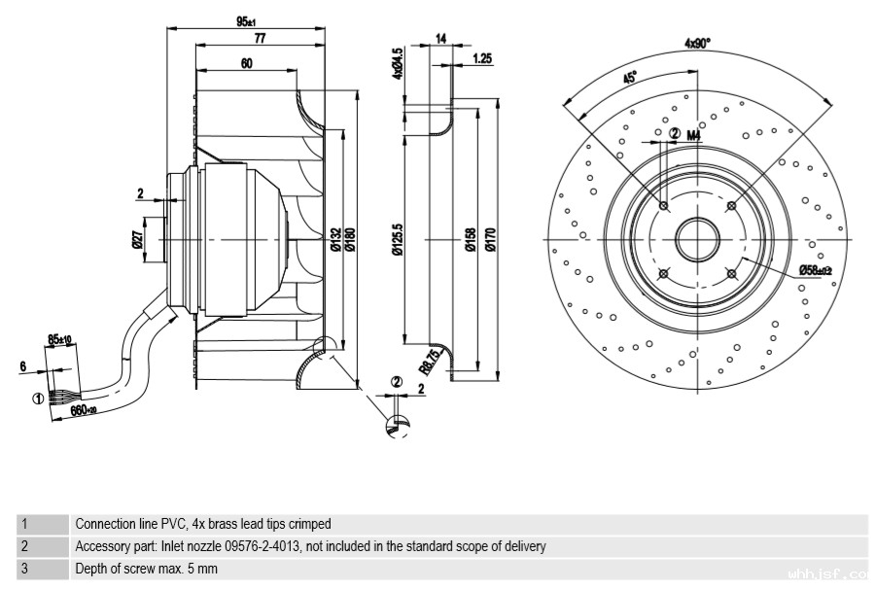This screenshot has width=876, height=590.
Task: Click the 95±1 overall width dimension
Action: [245, 21]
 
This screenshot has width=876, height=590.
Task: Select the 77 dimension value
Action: [260, 39]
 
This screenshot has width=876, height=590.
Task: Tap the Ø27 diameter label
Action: [137, 238]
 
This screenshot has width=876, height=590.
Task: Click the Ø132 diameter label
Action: [335, 239]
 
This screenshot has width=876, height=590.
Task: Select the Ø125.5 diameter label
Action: [398, 239]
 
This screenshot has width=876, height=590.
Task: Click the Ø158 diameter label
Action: [471, 239]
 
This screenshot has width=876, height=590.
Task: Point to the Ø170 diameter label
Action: [491, 239]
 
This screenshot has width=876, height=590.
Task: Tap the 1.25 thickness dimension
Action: [481, 58]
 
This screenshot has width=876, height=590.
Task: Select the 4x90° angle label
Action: [697, 43]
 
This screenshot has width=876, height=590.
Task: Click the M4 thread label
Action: [694, 135]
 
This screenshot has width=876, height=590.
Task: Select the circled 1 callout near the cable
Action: [38, 398]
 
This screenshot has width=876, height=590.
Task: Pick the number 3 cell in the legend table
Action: [24, 570]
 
